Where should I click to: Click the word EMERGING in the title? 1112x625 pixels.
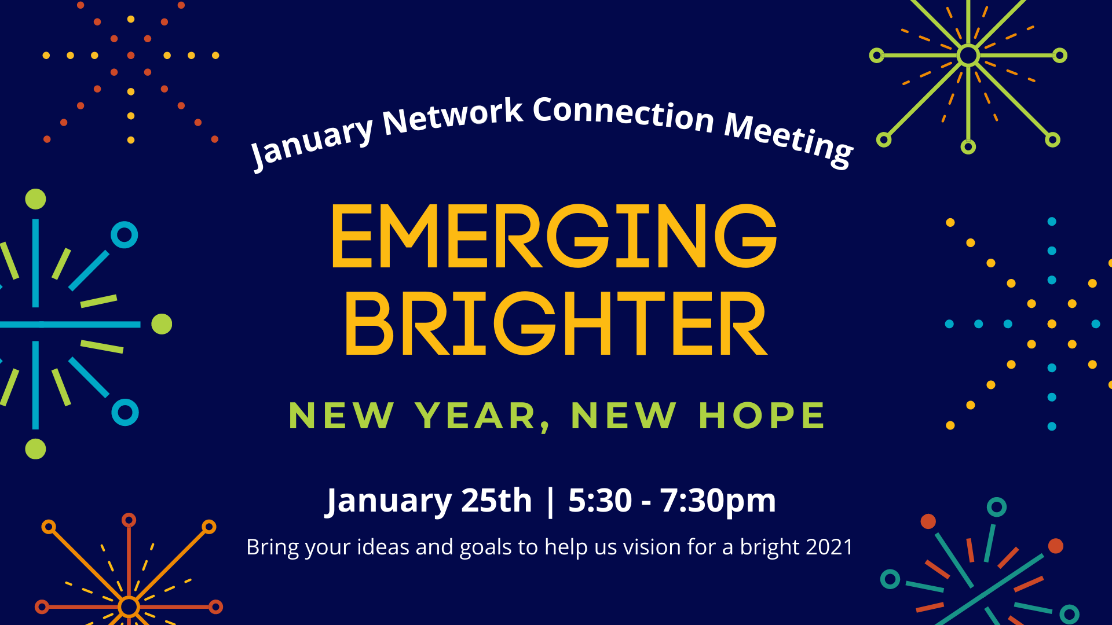[x=554, y=236]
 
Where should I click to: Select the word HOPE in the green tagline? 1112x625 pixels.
[x=762, y=416]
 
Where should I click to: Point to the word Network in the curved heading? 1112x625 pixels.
[x=453, y=116]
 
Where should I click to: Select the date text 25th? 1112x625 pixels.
[x=496, y=500]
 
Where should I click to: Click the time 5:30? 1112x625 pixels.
[x=600, y=500]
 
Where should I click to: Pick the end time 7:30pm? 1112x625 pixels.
[x=718, y=501]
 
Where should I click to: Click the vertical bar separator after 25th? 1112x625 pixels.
[x=550, y=501]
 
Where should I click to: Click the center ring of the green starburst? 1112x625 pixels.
[x=968, y=56]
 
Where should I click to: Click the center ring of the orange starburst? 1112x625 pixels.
[x=129, y=606]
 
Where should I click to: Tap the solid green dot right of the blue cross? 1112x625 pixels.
[x=162, y=324]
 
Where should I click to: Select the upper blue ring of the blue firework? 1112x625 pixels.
[x=124, y=235]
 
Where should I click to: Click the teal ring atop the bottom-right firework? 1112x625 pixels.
[x=996, y=507]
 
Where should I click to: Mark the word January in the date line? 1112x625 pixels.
[x=389, y=502]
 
